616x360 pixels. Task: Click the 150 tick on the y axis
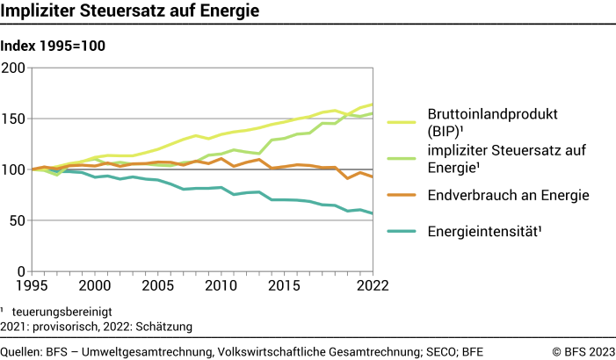coord(15,119)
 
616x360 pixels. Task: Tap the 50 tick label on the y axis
coord(19,220)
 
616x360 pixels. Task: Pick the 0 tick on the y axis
coord(24,270)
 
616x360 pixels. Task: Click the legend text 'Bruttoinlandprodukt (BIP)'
coord(480,122)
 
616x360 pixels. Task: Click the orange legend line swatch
coord(402,195)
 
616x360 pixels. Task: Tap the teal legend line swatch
coord(402,232)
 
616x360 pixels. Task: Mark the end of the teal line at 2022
coord(372,213)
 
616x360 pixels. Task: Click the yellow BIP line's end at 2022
coord(372,104)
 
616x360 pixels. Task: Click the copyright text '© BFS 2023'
coord(583,350)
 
